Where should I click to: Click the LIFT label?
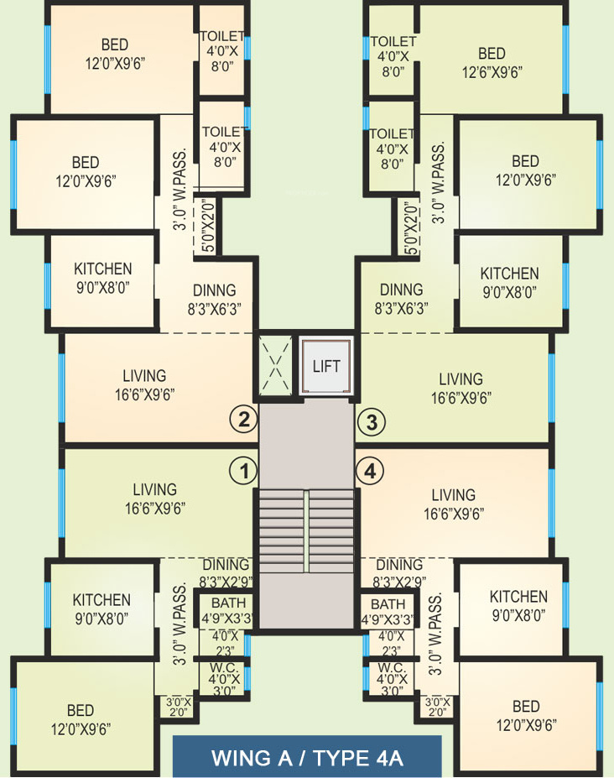tap(326, 366)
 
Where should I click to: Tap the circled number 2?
tap(243, 420)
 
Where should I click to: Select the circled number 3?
tap(372, 422)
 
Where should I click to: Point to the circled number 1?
tap(243, 470)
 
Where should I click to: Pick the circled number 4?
tap(370, 470)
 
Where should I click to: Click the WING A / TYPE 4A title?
tap(307, 758)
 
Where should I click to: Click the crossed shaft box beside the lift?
tap(275, 365)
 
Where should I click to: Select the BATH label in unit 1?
tap(229, 603)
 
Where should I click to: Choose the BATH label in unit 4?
tap(388, 604)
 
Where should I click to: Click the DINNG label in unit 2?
tap(214, 290)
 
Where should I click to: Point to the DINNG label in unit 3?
tap(401, 290)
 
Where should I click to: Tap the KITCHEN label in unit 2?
tap(102, 269)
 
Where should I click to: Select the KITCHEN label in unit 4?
tap(518, 597)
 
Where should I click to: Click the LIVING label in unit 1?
tap(154, 490)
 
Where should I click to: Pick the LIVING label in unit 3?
tap(460, 379)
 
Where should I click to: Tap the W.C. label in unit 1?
tap(224, 668)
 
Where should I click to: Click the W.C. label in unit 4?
tap(392, 668)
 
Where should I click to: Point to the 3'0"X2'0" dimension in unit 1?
tap(179, 707)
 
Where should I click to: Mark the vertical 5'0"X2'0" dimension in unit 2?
tap(209, 225)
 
